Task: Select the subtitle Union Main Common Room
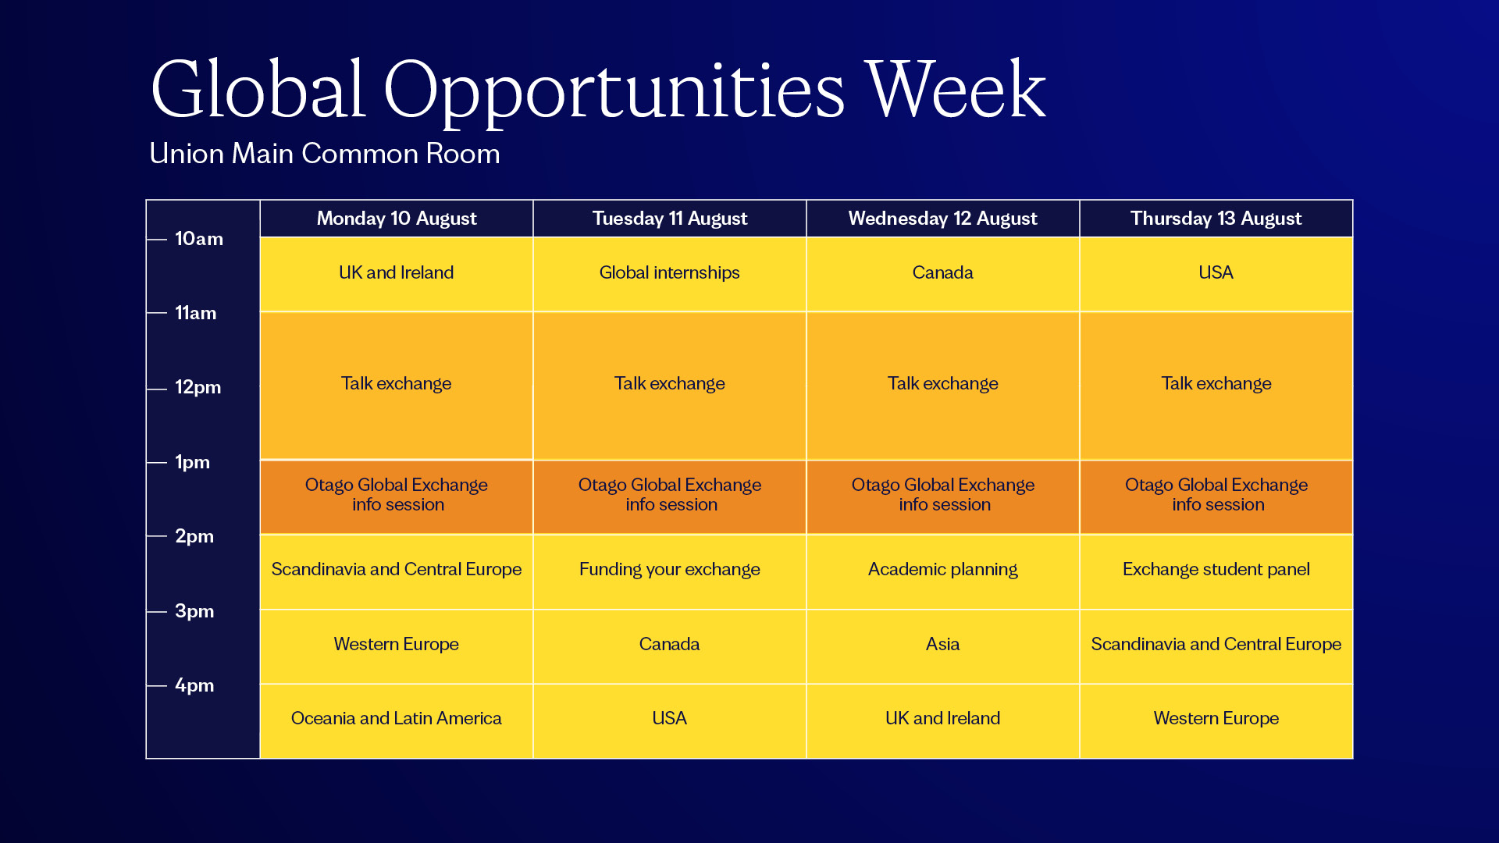(325, 154)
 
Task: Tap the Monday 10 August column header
(397, 219)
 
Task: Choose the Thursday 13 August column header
(1216, 219)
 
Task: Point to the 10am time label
(199, 239)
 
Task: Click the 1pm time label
(192, 462)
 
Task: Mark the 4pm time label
(194, 685)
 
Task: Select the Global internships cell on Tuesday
(670, 274)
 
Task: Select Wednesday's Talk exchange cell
(943, 386)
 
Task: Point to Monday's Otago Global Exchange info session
(397, 497)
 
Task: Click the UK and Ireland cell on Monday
(397, 274)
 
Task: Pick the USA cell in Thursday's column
(1216, 274)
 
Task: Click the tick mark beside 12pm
(157, 389)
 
